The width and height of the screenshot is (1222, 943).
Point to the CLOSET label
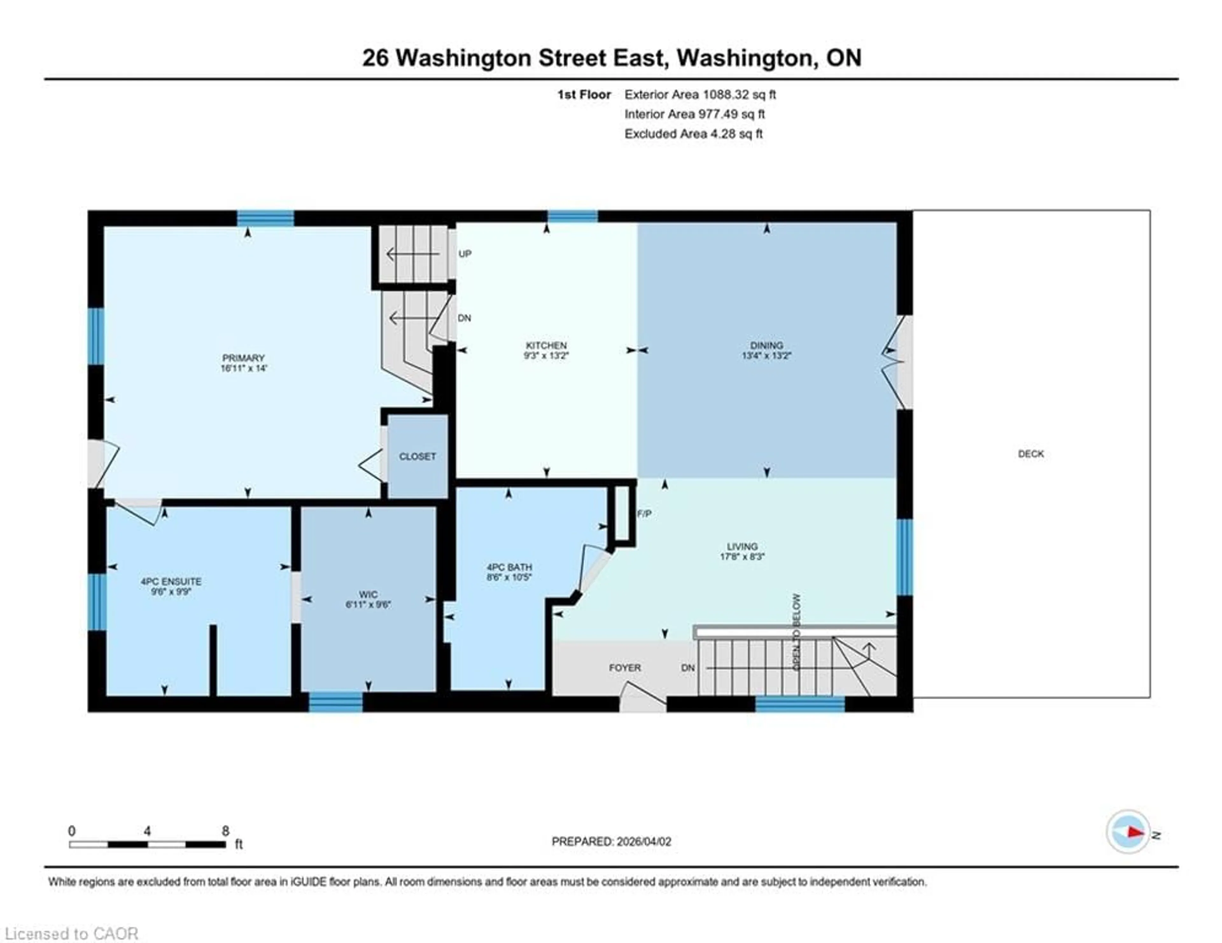coord(418,457)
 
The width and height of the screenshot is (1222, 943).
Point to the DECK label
coord(1031,454)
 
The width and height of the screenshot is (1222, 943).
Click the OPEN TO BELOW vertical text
coord(797,632)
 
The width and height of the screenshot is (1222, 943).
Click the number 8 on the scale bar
coord(226,831)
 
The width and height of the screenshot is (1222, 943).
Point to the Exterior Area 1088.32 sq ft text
coord(700,94)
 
